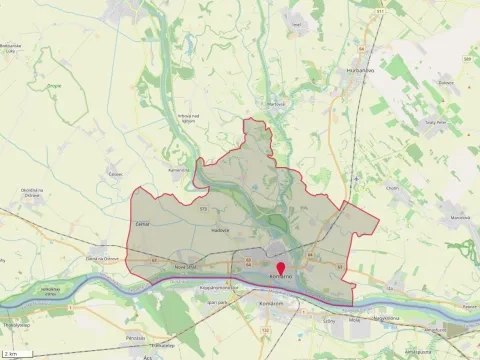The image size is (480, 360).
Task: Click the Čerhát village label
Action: click(x=141, y=222)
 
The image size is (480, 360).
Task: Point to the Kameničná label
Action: click(x=179, y=171)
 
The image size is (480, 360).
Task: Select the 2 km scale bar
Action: click(x=13, y=353)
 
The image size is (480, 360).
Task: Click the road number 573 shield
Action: click(x=203, y=209)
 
